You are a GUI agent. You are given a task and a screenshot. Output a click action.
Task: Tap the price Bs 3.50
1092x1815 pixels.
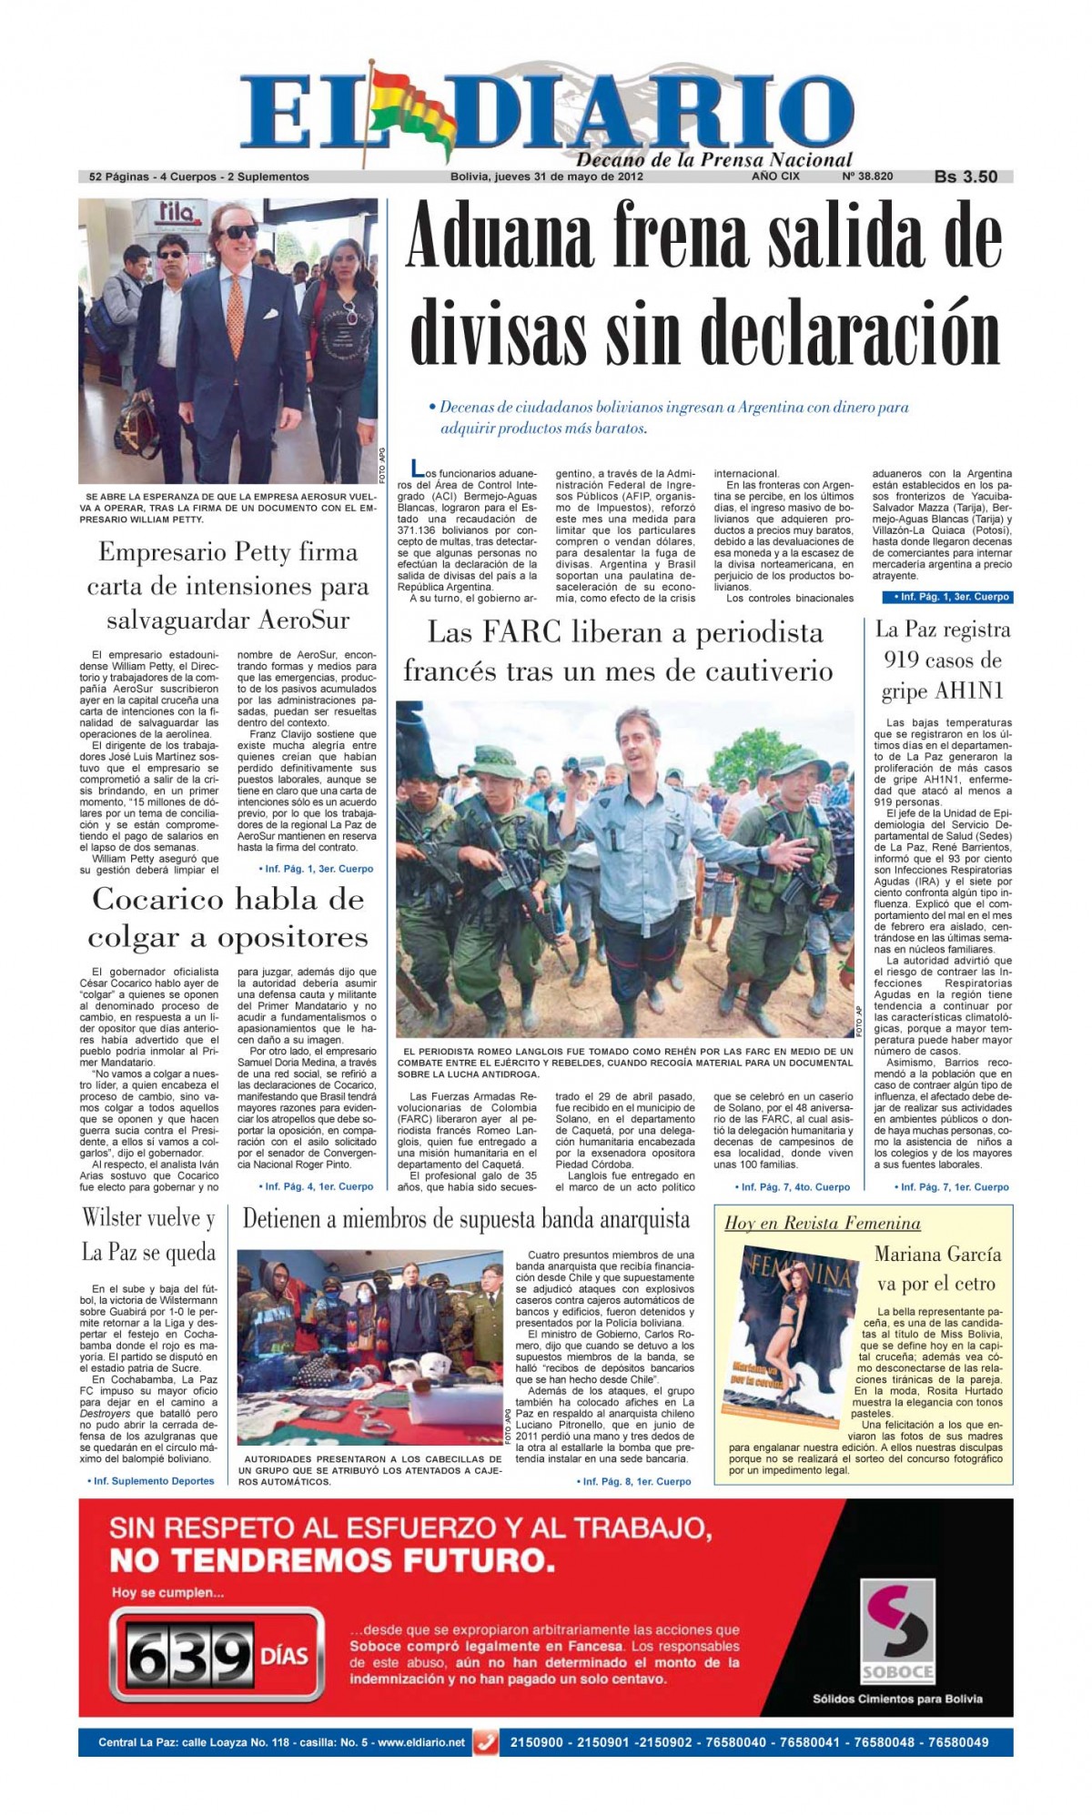[966, 176]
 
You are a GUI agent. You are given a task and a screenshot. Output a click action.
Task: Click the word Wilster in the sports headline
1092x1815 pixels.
[114, 1218]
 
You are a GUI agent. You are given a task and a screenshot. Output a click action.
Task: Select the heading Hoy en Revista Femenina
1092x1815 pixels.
[822, 1223]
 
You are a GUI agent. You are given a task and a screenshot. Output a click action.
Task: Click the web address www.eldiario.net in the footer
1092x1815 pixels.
[420, 1742]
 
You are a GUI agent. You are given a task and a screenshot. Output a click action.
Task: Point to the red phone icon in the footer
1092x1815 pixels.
[488, 1742]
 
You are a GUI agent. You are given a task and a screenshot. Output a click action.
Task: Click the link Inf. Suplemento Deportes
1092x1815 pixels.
[151, 1481]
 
